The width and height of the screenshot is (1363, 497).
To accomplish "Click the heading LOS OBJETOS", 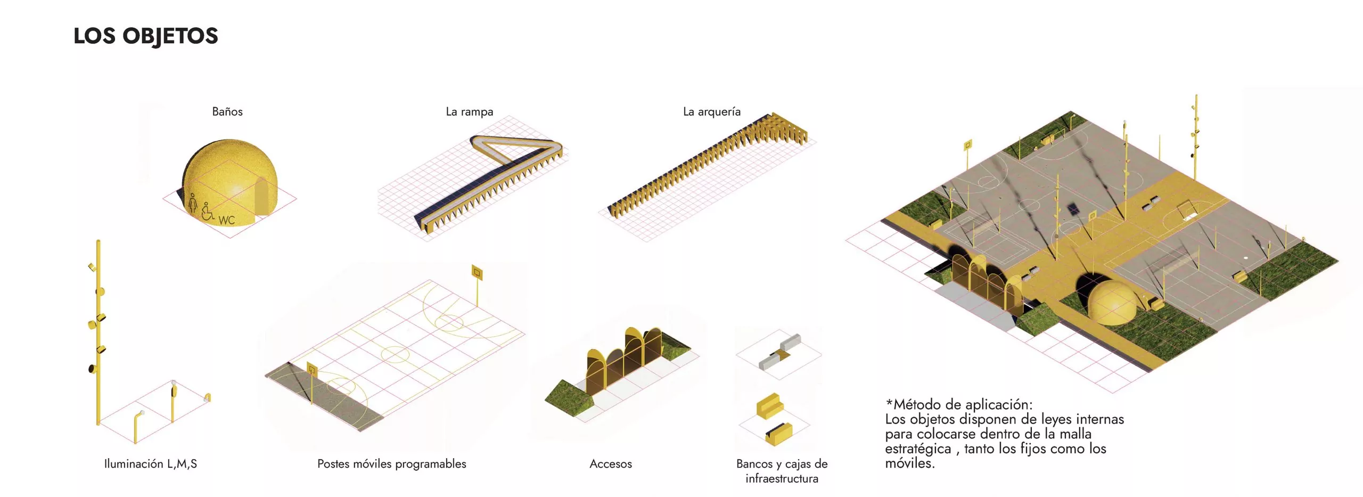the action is [145, 36].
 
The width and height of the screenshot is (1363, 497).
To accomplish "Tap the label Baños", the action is [227, 111].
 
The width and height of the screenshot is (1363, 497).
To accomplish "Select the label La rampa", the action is [469, 112].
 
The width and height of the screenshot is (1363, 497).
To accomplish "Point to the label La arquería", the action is [712, 112].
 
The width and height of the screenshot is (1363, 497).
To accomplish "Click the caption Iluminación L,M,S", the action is [151, 464].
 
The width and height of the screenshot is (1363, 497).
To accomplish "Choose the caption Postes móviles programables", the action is [392, 464].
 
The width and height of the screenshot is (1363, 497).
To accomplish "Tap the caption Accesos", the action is [611, 464].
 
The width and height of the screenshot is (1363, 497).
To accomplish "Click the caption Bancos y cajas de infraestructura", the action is [782, 471].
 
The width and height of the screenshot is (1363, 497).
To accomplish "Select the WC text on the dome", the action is [226, 220].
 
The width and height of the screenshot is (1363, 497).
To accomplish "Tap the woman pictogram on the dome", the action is [193, 202].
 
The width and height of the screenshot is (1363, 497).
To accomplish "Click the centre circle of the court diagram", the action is [395, 353].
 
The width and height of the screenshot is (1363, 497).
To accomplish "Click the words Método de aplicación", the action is [963, 404].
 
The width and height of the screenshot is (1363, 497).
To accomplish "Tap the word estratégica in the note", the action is [918, 449].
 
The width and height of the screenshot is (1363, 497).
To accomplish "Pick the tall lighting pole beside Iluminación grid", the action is [98, 332].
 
